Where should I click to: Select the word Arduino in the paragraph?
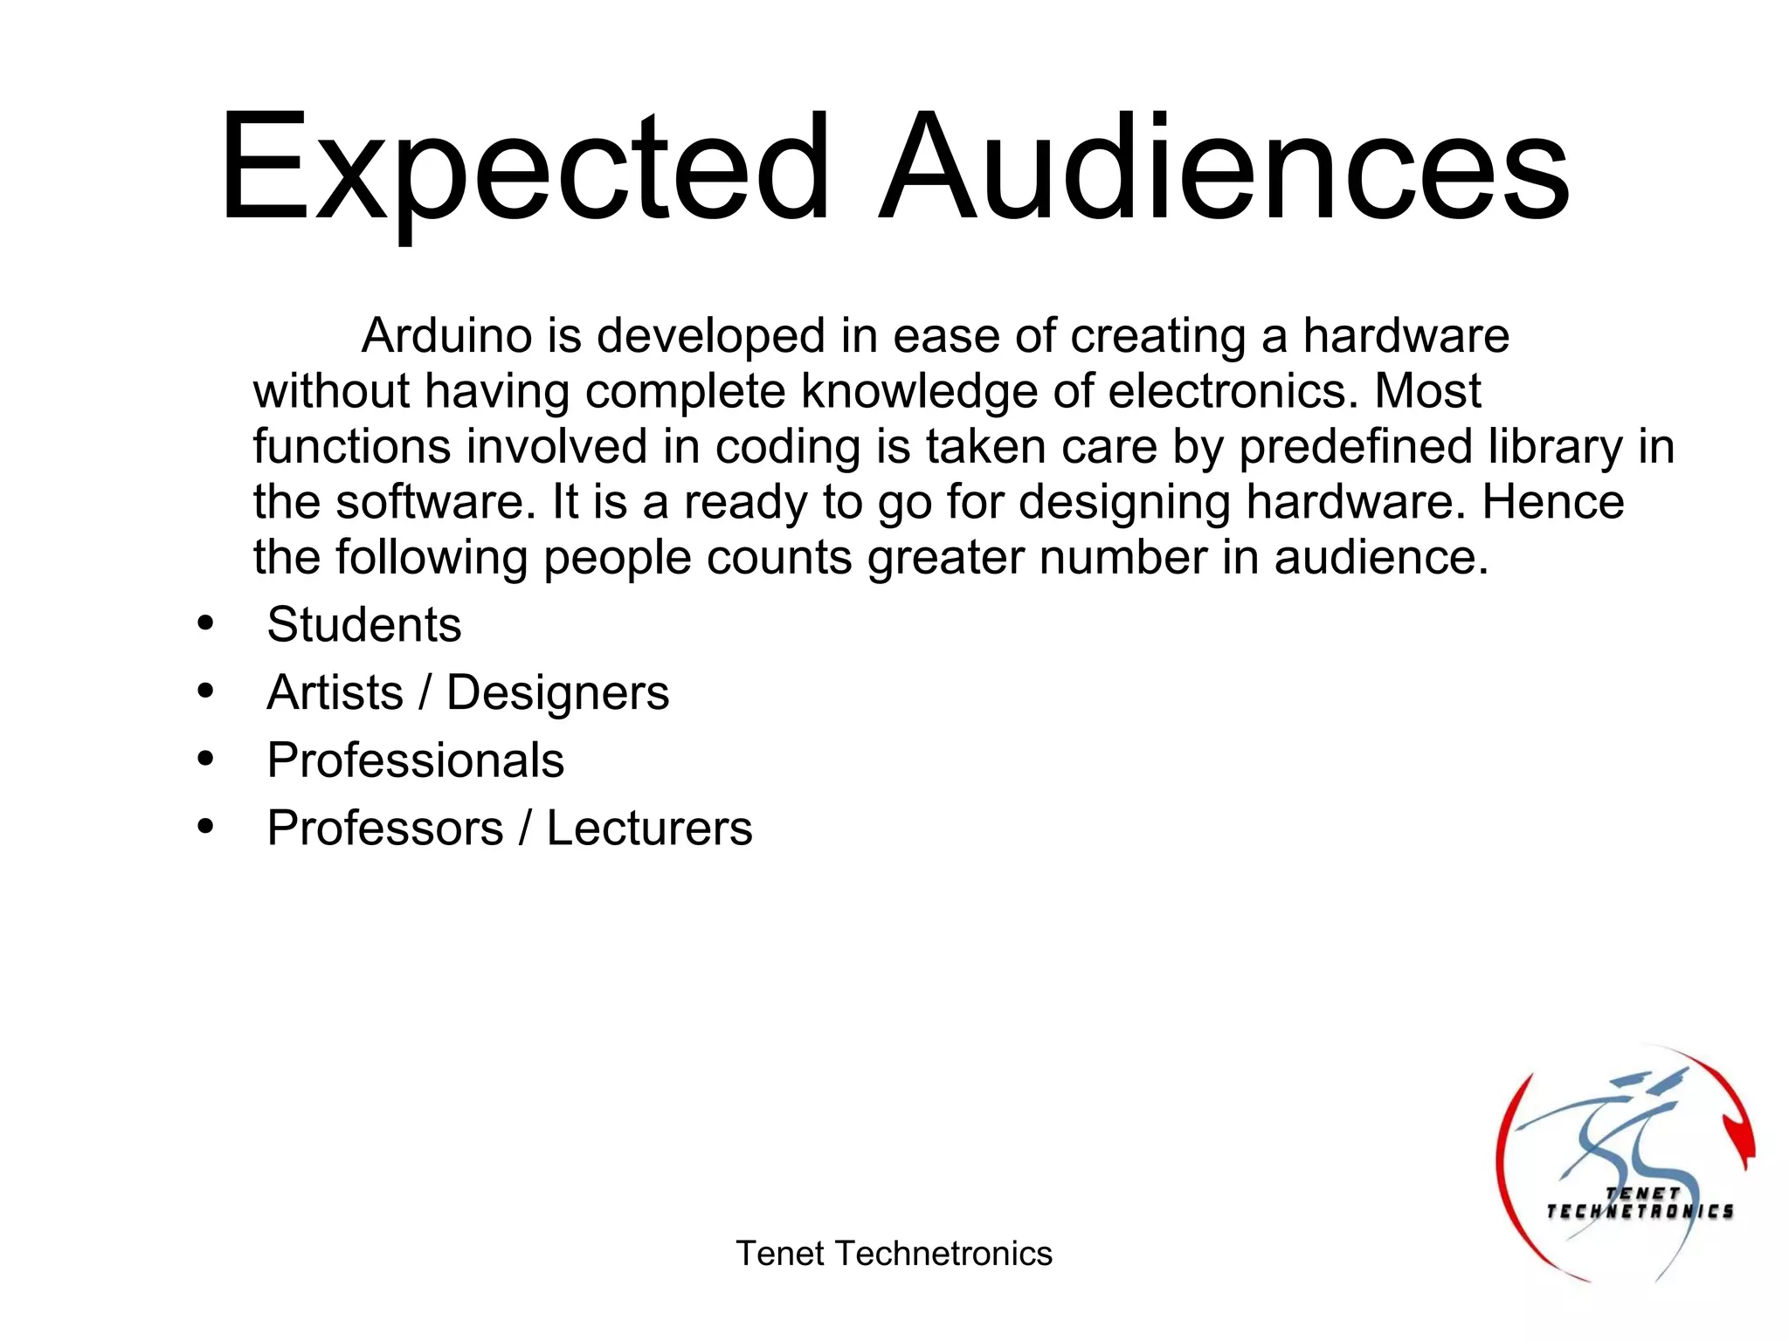(446, 336)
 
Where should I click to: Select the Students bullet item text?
(364, 625)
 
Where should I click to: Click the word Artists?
(335, 693)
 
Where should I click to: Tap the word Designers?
(557, 694)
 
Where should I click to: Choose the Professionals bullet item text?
(416, 760)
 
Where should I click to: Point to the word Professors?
(385, 829)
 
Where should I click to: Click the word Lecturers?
(649, 829)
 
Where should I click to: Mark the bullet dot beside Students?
(205, 623)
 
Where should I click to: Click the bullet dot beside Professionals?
(205, 759)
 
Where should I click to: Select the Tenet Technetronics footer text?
(894, 1254)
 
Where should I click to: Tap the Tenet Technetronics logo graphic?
(1626, 1166)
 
